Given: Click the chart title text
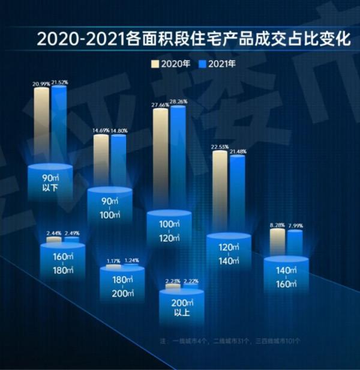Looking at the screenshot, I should click(x=192, y=40).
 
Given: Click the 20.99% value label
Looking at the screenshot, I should click(x=41, y=83).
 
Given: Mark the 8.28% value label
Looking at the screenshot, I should click(x=277, y=225).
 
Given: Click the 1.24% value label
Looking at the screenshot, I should click(x=131, y=260).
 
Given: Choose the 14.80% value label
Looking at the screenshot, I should click(x=119, y=130).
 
